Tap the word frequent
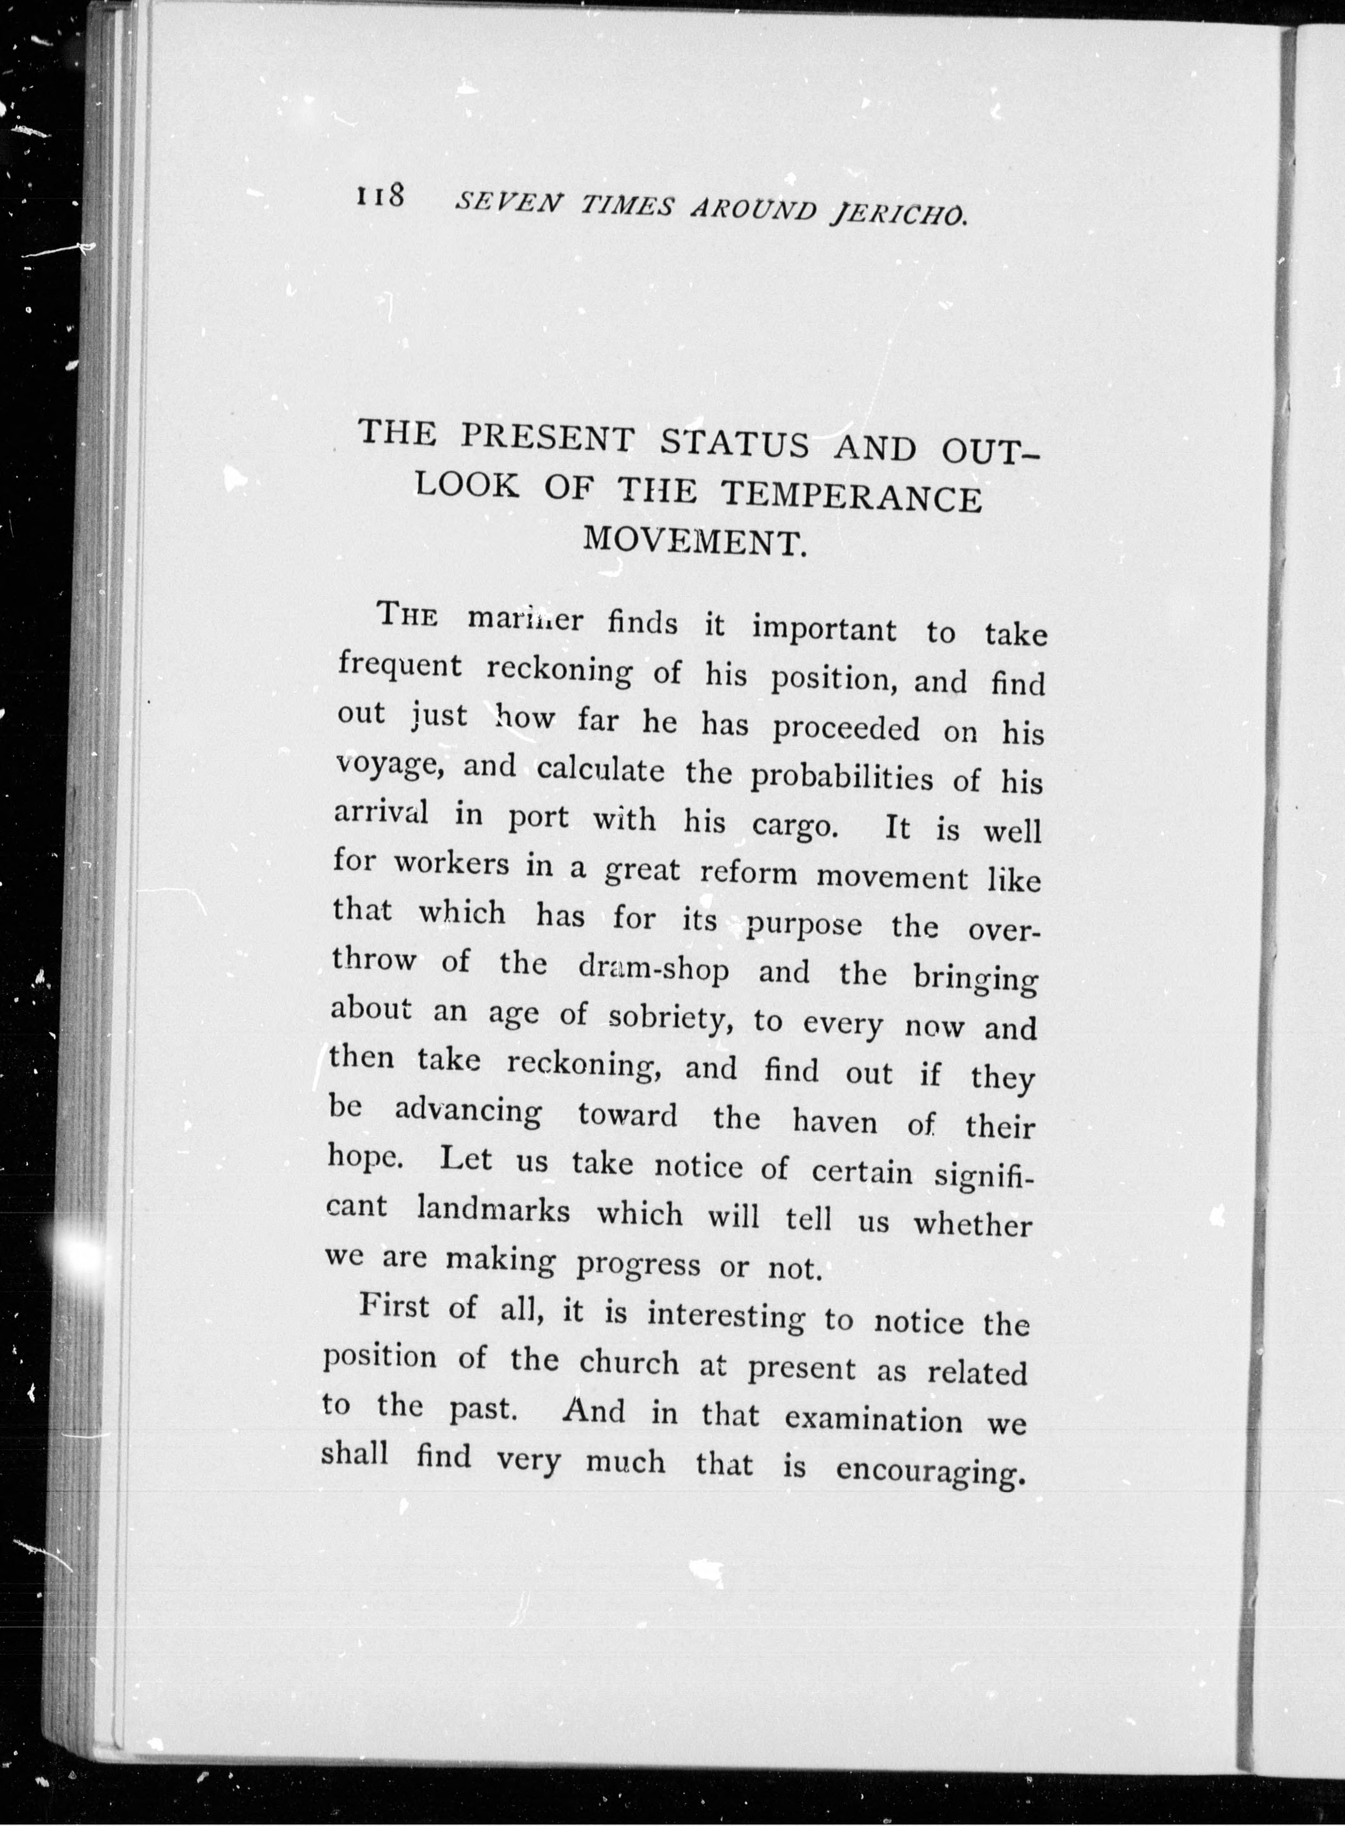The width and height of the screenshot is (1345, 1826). pyautogui.click(x=400, y=667)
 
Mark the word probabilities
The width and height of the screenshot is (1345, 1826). pyautogui.click(x=841, y=777)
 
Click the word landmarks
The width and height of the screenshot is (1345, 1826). pyautogui.click(x=492, y=1210)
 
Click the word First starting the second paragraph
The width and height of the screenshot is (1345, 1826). pyautogui.click(x=394, y=1306)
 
